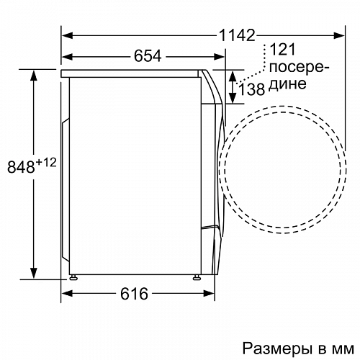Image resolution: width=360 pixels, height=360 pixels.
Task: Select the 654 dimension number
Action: pyautogui.click(x=147, y=55)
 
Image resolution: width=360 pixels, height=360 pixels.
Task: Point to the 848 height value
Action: pyautogui.click(x=22, y=168)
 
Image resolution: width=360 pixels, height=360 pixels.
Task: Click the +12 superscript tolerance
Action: pyautogui.click(x=46, y=163)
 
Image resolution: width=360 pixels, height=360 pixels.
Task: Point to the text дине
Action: pyautogui.click(x=286, y=85)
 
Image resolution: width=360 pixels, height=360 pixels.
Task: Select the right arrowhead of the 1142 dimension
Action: pyautogui.click(x=339, y=33)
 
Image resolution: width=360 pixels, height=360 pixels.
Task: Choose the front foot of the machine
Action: pyautogui.click(x=196, y=276)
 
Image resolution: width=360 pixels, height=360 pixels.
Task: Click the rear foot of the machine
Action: pyautogui.click(x=73, y=276)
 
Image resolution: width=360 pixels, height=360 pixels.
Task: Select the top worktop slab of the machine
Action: pyautogui.click(x=133, y=73)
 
